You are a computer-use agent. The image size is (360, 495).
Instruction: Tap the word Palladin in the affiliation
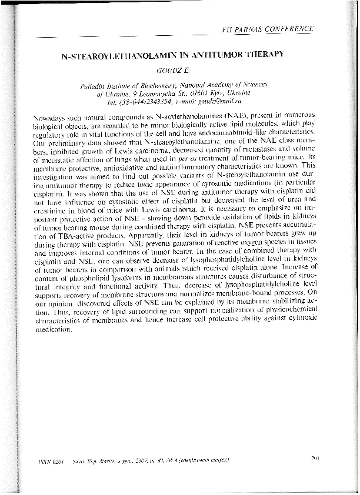(x=95, y=85)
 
